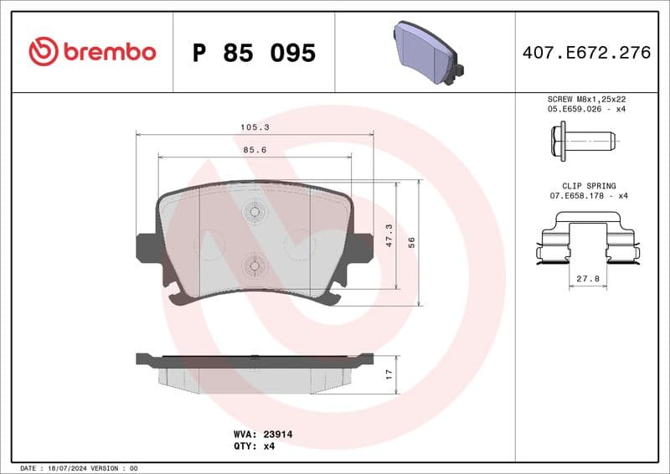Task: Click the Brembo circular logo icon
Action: [43, 52]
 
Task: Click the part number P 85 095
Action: [254, 53]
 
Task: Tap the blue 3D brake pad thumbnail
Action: [425, 52]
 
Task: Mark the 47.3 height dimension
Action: [388, 235]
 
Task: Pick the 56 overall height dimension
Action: [410, 241]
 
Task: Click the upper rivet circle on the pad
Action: [254, 212]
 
